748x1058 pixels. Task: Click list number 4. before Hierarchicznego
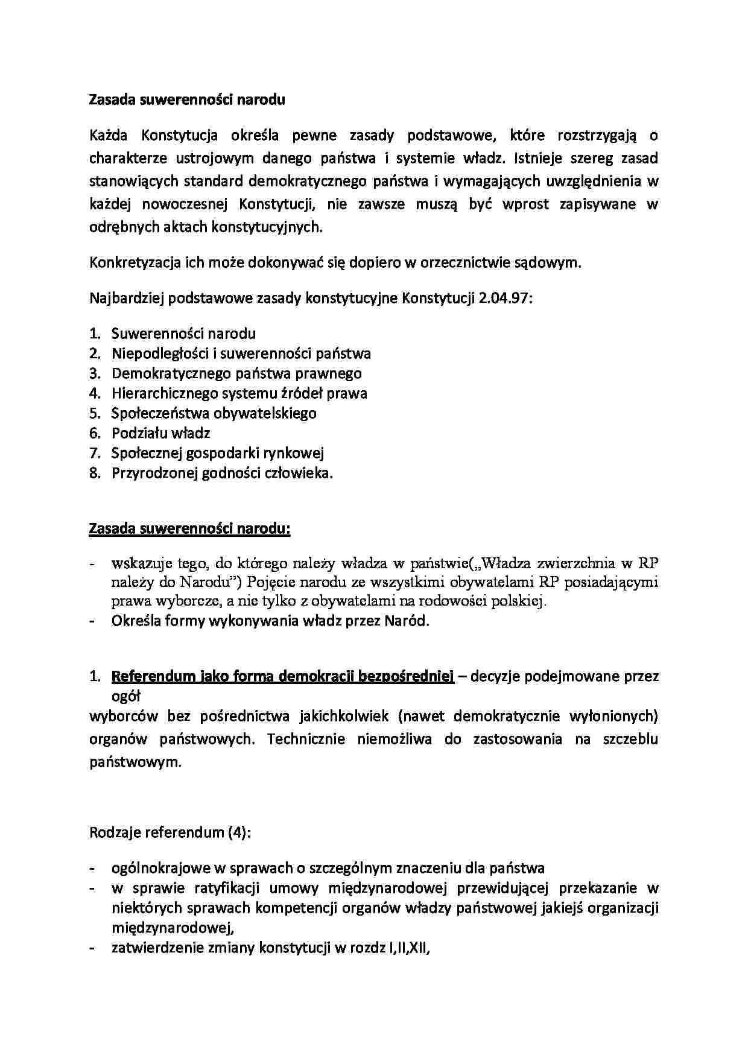pos(94,393)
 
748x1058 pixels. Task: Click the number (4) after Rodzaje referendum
pos(239,833)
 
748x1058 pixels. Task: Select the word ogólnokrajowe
pos(160,869)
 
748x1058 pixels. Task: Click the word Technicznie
pos(306,739)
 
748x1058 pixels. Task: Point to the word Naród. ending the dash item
pos(407,621)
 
